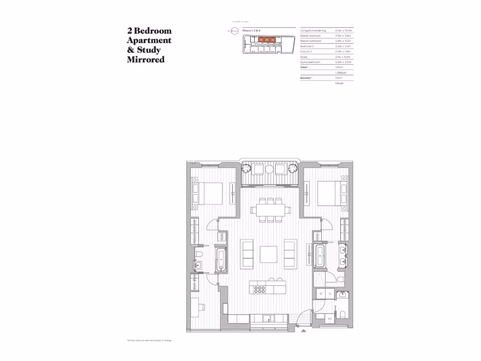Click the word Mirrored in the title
tap(146, 60)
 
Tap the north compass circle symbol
tap(234, 31)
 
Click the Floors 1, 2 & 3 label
tap(251, 30)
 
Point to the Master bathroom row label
tap(310, 41)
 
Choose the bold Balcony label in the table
tap(306, 78)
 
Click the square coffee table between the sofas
tap(269, 254)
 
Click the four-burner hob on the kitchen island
tap(260, 289)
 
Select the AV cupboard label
tap(329, 318)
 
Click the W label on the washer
tap(321, 294)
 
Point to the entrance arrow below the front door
tap(304, 331)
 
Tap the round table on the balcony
tap(269, 169)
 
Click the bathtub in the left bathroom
tap(221, 260)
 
